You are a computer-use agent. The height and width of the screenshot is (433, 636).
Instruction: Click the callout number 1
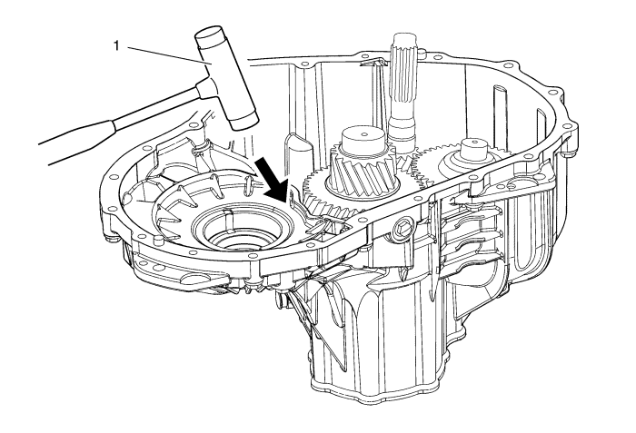tap(116, 46)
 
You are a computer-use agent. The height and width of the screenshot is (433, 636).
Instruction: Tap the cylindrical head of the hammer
tap(226, 77)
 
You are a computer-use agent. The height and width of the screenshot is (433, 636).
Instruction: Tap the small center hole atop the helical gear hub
tap(364, 133)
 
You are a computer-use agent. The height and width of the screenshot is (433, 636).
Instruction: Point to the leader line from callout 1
tap(168, 55)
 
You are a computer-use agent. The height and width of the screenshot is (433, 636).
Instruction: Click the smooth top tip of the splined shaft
tap(403, 38)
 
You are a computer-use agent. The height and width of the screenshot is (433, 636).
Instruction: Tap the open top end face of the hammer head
tap(209, 32)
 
